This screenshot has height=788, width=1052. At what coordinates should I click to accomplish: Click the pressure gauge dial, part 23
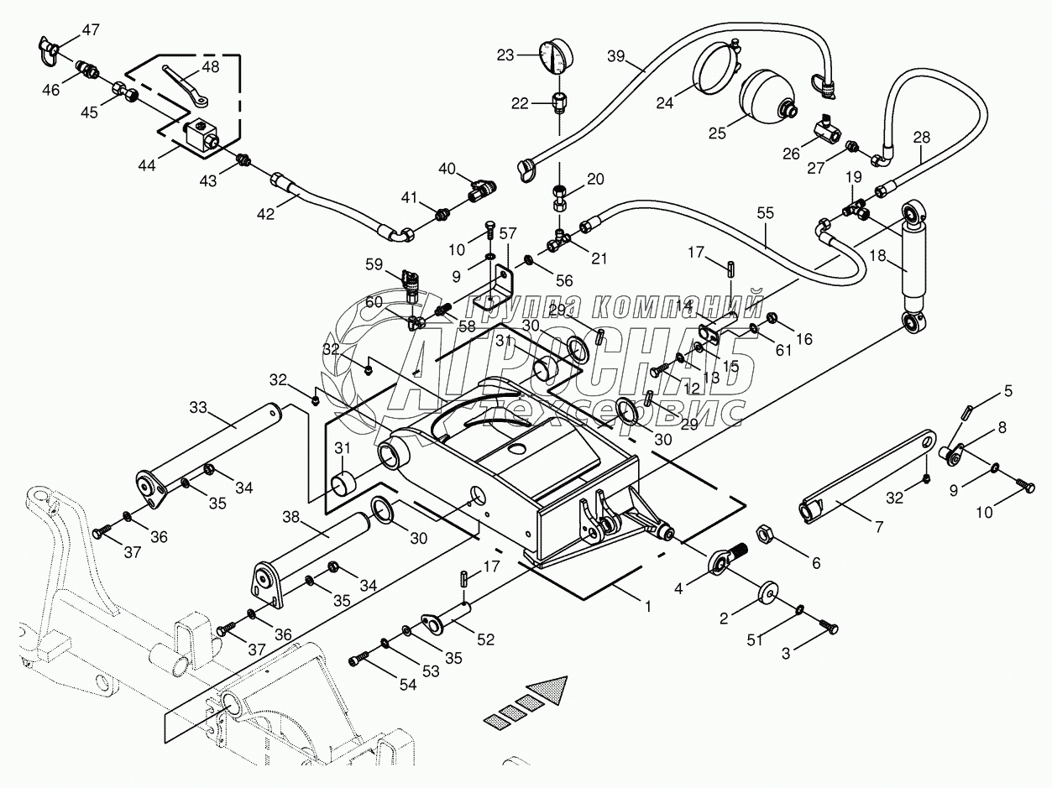point(557,56)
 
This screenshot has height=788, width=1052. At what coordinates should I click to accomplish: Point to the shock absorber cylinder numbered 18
point(913,268)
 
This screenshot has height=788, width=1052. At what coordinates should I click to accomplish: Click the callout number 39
point(616,56)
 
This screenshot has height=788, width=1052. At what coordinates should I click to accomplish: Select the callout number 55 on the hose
point(766,212)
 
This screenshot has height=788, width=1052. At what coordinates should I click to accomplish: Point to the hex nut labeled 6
point(764,533)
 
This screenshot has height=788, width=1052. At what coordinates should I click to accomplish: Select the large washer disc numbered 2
point(768,593)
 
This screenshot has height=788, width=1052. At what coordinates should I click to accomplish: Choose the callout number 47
point(90,29)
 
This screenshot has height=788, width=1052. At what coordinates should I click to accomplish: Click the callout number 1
point(647,607)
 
